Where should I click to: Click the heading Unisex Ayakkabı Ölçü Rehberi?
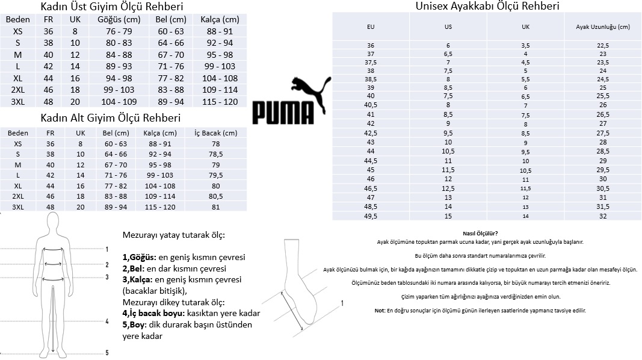(x=487, y=7)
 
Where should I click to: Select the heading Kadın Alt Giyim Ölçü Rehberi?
(x=110, y=118)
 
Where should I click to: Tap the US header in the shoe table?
(x=448, y=27)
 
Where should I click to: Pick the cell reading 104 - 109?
(x=119, y=101)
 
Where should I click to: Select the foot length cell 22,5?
(x=602, y=46)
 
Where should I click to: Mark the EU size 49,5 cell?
(x=371, y=216)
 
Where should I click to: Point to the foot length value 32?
(x=602, y=216)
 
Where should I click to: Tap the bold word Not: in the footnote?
(x=379, y=310)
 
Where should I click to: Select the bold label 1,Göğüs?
(x=139, y=257)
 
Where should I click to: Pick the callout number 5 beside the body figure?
(x=106, y=353)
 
